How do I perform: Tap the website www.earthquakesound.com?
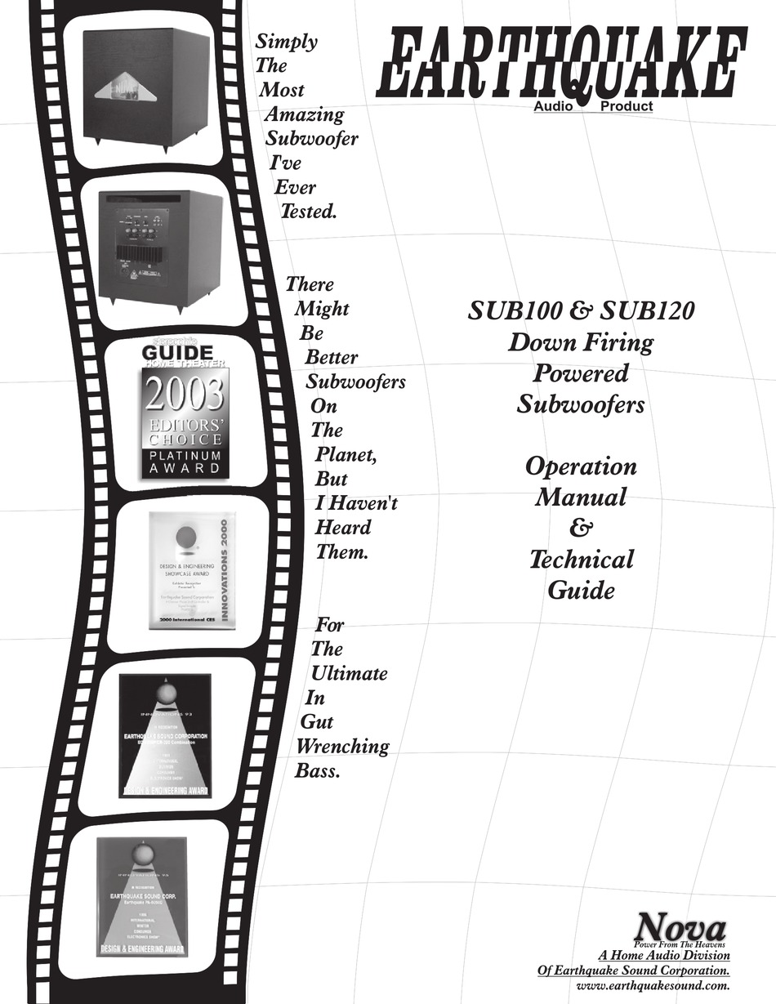pyautogui.click(x=652, y=986)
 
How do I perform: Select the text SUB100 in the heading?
pyautogui.click(x=522, y=311)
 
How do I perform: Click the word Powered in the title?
pyautogui.click(x=580, y=373)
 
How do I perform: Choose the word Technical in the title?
pyautogui.click(x=581, y=560)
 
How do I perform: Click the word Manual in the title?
pyautogui.click(x=581, y=497)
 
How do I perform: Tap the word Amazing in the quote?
pyautogui.click(x=304, y=114)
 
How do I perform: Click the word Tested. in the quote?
pyautogui.click(x=308, y=212)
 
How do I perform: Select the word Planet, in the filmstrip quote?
pyautogui.click(x=346, y=454)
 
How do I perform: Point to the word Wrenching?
pyautogui.click(x=342, y=746)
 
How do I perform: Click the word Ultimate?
pyautogui.click(x=350, y=674)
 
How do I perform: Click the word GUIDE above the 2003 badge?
pyautogui.click(x=178, y=352)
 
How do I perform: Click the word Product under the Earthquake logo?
pyautogui.click(x=627, y=107)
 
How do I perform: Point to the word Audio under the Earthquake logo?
pyautogui.click(x=555, y=107)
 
